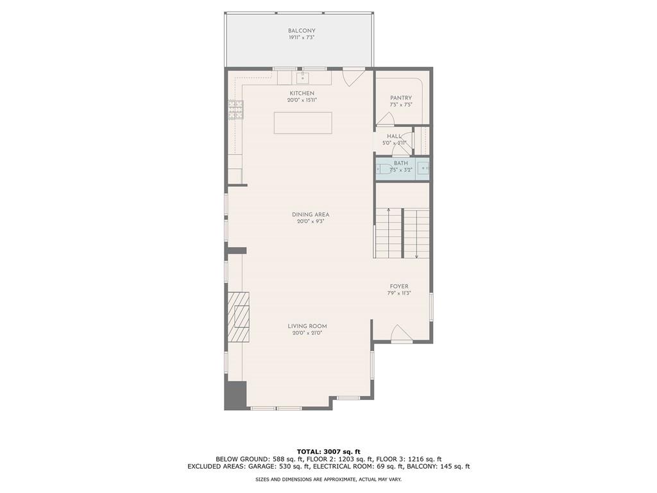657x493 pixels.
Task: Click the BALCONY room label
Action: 302,31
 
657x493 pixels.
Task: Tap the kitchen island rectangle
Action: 303,123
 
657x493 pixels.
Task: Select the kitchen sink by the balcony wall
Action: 303,78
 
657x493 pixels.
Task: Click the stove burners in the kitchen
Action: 235,110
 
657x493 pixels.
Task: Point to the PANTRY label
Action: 401,98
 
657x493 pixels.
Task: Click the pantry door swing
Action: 385,119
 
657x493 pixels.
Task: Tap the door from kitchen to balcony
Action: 352,77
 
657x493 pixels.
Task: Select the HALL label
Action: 394,136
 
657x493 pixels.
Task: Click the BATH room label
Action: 401,163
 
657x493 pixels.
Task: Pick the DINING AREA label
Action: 311,214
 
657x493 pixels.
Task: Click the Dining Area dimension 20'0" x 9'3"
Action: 311,222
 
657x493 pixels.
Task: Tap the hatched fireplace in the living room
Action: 239,317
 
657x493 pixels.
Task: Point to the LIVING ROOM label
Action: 307,326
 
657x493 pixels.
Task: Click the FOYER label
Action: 399,286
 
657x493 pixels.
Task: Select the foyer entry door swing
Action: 400,334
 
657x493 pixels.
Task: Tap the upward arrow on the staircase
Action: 389,211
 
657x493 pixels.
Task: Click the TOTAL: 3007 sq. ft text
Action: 328,451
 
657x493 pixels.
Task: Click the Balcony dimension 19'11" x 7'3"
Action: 302,38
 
